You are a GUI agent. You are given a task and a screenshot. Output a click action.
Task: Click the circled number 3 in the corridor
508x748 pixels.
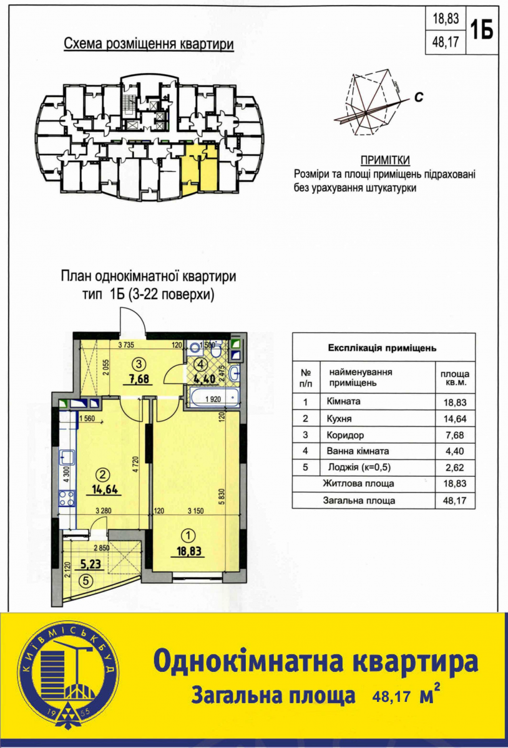pyautogui.click(x=139, y=364)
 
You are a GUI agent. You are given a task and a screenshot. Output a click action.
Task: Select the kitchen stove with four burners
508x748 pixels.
pyautogui.click(x=67, y=498)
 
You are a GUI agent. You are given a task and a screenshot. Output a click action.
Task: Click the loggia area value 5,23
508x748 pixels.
pyautogui.click(x=90, y=564)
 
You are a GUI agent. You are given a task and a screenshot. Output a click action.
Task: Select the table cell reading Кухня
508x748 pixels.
pyautogui.click(x=339, y=419)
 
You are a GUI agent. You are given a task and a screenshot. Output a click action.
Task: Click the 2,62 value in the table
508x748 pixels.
pyautogui.click(x=455, y=467)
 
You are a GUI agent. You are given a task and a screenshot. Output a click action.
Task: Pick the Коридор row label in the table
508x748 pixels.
pyautogui.click(x=345, y=435)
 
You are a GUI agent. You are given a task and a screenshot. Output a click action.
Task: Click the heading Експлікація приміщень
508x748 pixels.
pyautogui.click(x=383, y=348)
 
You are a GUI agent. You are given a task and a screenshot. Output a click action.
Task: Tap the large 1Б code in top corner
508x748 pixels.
pyautogui.click(x=482, y=29)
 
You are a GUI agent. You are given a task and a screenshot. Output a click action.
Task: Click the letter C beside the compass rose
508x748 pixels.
pyautogui.click(x=419, y=97)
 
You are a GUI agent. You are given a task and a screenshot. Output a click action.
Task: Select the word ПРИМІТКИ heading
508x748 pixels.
pyautogui.click(x=385, y=161)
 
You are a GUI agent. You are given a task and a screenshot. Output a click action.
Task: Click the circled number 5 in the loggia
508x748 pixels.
pyautogui.click(x=86, y=581)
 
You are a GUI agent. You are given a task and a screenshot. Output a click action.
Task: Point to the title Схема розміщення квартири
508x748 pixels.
pyautogui.click(x=149, y=44)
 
